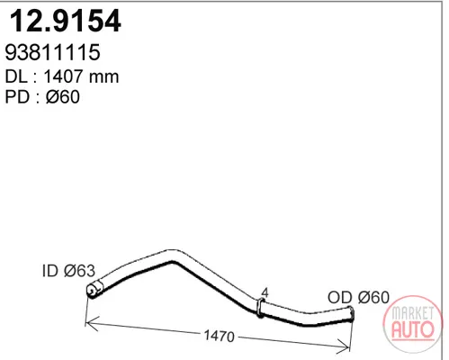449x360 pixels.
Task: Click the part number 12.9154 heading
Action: (66, 21)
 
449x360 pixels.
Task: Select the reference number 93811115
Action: (52, 52)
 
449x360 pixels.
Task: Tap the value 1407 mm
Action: (81, 76)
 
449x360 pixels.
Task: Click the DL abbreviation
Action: (16, 76)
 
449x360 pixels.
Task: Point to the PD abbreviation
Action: (17, 97)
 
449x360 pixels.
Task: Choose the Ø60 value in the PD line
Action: (63, 97)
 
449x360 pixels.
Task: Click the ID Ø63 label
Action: (68, 271)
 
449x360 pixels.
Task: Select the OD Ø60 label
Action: (358, 297)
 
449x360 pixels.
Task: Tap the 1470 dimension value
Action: (220, 336)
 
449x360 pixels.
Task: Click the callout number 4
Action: (265, 292)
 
